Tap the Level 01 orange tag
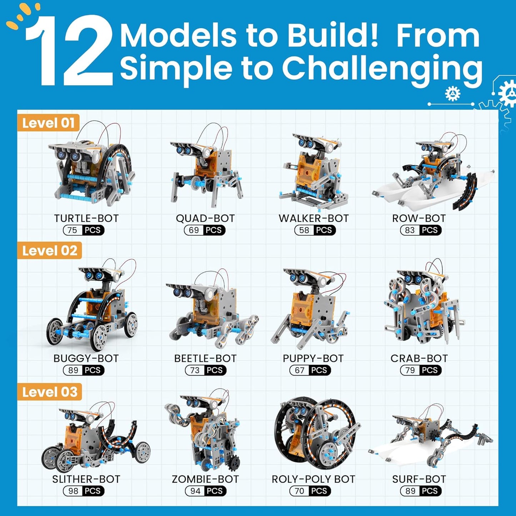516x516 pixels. point(48,123)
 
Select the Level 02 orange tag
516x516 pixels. point(50,251)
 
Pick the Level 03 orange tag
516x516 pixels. point(50,392)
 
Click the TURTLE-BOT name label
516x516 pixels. point(86,218)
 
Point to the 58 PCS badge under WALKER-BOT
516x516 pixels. point(315,230)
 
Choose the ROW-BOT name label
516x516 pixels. point(419,218)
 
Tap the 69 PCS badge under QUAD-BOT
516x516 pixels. point(205,230)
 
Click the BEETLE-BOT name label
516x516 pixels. point(205,358)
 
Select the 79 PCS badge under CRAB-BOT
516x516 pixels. point(421,370)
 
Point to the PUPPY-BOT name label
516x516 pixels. point(313,358)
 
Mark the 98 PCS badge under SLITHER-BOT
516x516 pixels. point(84,491)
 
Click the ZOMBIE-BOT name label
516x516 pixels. point(205,479)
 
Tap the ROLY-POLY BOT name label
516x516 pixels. point(314,479)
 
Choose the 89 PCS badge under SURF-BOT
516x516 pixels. point(421,491)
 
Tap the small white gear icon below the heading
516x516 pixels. point(453,94)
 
